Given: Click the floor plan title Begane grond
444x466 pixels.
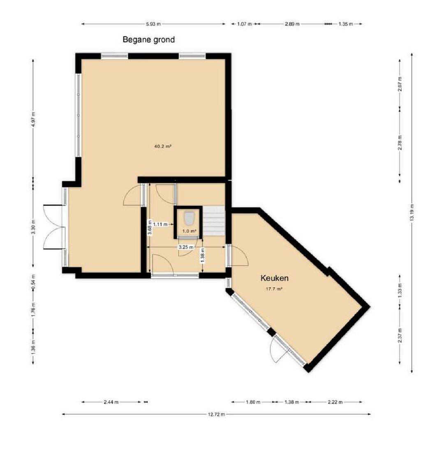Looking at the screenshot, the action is click(x=149, y=39).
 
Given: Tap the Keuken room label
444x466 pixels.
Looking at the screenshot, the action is click(x=275, y=278).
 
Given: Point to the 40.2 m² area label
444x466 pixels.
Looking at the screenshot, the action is click(x=163, y=146).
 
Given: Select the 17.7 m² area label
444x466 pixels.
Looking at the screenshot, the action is click(x=274, y=288).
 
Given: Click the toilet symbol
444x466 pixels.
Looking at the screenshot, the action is click(x=189, y=218).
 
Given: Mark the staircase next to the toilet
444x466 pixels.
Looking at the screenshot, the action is click(x=214, y=221).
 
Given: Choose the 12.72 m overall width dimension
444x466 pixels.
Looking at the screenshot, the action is click(x=217, y=414).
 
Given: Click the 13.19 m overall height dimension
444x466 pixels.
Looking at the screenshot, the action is click(x=412, y=212).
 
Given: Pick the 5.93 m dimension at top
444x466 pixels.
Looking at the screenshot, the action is click(x=153, y=24).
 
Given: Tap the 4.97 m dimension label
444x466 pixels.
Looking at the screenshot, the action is click(x=33, y=120).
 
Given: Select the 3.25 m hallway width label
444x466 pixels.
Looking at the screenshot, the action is click(x=186, y=247).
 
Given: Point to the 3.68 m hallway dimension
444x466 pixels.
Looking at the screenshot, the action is click(x=150, y=227).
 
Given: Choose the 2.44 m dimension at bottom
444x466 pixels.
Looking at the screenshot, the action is click(x=111, y=402).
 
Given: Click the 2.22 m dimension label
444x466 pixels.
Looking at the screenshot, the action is click(x=335, y=402).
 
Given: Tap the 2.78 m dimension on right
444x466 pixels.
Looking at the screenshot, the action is click(x=400, y=143).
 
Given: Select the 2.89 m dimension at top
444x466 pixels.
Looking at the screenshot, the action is click(x=292, y=24).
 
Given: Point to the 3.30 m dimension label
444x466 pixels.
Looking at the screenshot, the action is click(x=33, y=227).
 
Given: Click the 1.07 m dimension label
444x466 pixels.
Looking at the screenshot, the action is click(x=244, y=24).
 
